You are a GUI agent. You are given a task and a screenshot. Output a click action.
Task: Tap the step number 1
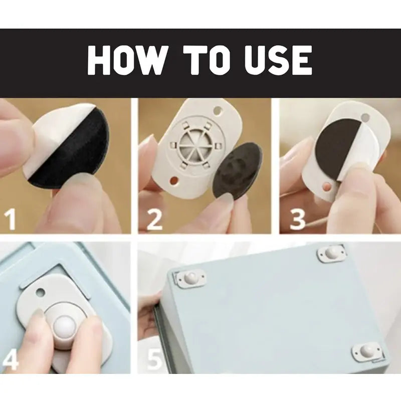11,221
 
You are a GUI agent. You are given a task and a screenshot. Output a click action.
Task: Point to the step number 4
11,359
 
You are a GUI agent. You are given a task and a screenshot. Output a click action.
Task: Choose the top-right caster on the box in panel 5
331,253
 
